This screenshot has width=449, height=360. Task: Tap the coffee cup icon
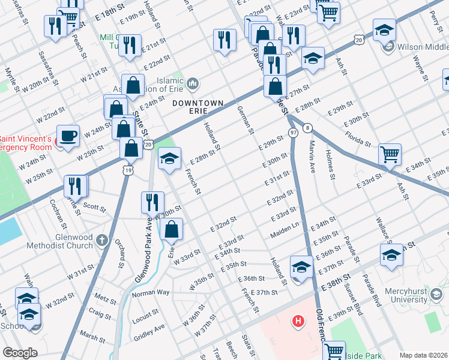click(67, 135)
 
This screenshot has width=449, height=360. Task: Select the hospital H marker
click(297, 321)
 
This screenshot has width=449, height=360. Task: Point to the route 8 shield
click(307, 128)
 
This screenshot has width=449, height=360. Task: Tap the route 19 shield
click(128, 171)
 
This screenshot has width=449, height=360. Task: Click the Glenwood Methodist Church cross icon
click(102, 241)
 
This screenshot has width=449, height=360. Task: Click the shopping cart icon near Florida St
click(390, 154)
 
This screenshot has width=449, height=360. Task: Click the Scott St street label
click(94, 208)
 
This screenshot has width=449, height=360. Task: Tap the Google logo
click(20, 352)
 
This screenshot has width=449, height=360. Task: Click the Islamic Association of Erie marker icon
click(193, 83)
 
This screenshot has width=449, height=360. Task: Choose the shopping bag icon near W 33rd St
click(172, 228)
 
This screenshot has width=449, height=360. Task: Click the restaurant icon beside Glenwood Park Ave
click(152, 202)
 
